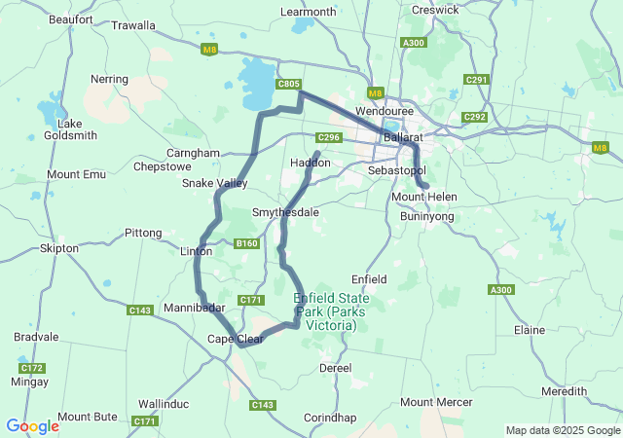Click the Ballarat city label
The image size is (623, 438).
[402, 139]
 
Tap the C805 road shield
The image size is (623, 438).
[288, 85]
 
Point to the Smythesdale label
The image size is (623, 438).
[285, 211]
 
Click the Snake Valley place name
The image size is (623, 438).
[215, 183]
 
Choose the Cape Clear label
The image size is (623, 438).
[235, 339]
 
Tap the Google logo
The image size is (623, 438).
[32, 426]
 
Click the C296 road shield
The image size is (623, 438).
[329, 138]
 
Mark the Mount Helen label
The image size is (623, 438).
[423, 197]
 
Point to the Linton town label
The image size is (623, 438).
[197, 251]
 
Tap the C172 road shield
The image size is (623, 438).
[32, 368]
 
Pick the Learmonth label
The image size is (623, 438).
[308, 12]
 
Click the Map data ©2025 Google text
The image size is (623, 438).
[562, 430]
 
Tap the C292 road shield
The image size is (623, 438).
[475, 117]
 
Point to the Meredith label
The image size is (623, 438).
[565, 391]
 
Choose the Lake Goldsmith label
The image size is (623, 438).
[70, 129]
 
